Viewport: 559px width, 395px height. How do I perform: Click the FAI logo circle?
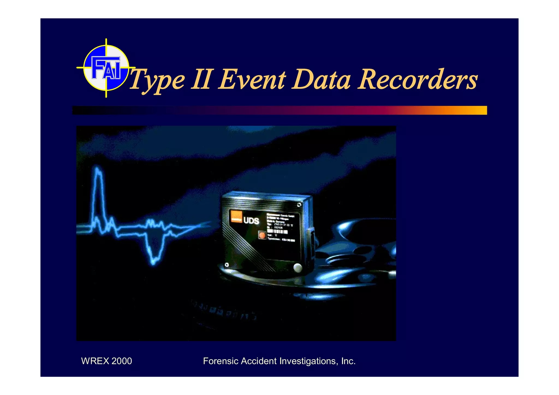[106, 68]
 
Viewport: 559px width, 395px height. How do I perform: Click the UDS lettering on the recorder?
[251, 220]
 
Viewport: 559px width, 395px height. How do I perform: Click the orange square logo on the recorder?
[236, 217]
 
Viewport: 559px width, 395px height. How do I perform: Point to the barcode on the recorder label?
[278, 232]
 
